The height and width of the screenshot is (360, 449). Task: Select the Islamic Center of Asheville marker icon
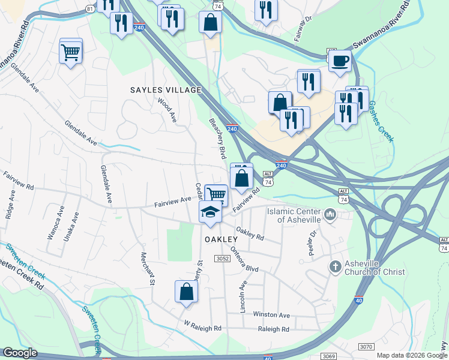[330, 215]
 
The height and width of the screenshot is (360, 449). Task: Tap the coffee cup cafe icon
[340, 61]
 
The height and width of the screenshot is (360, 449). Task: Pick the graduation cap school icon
[210, 212]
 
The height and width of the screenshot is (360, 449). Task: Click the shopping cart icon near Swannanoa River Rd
[71, 52]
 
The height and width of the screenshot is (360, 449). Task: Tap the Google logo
[20, 353]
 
